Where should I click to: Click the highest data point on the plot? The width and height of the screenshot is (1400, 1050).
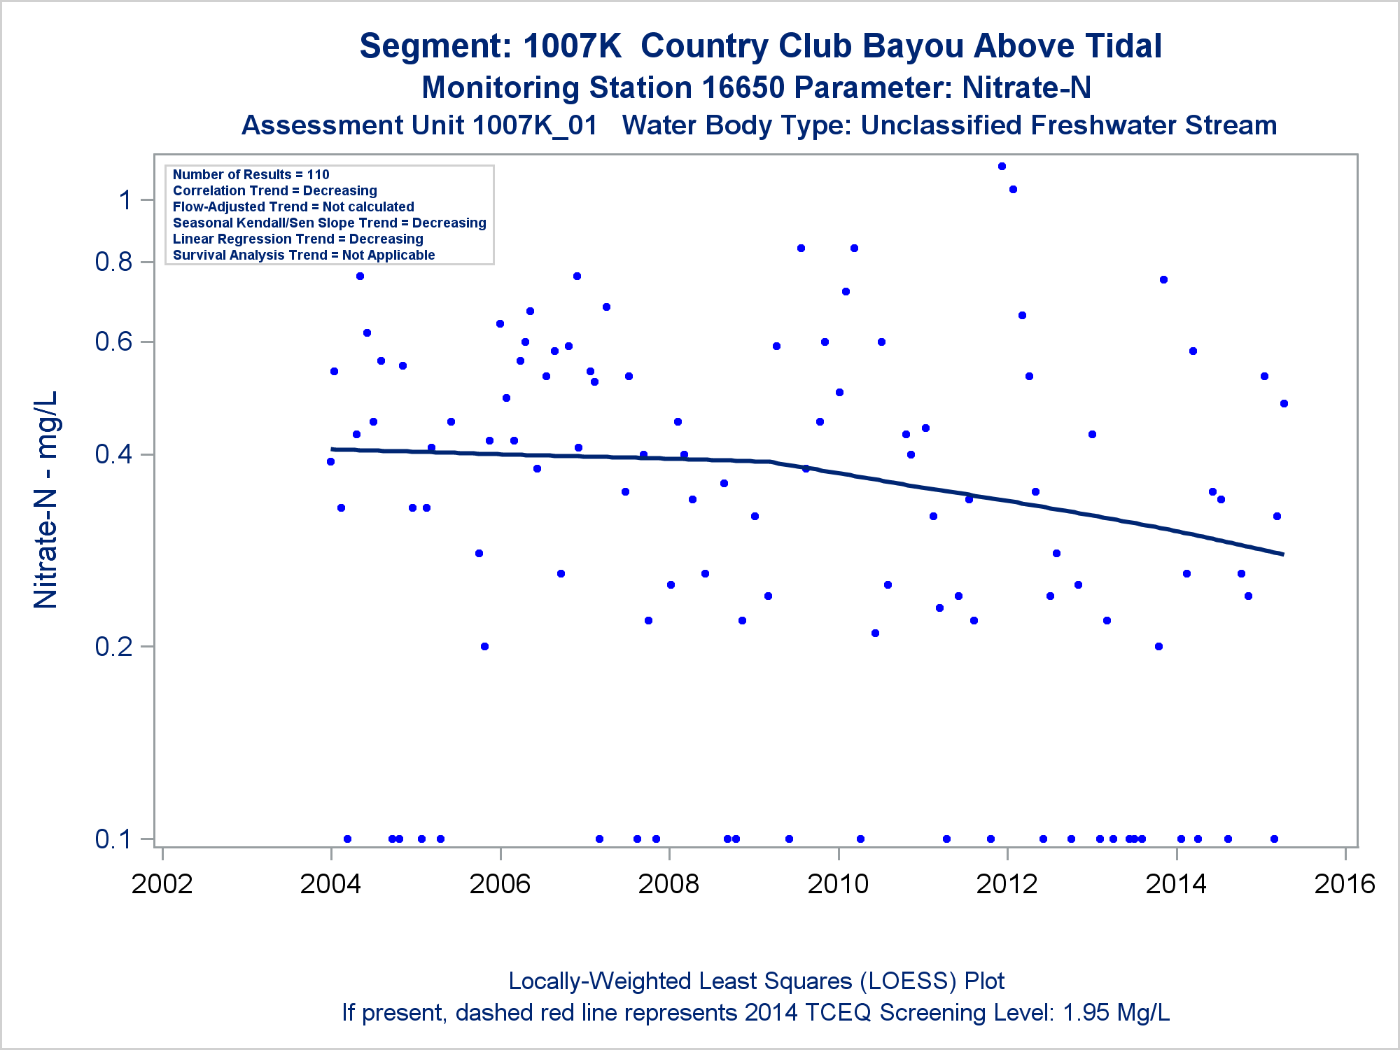tap(1002, 167)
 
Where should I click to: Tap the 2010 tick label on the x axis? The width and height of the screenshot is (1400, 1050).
tap(838, 884)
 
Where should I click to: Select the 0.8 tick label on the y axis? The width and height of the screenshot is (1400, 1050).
tap(114, 262)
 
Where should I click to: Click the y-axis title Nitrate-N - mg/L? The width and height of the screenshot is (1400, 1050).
tap(46, 500)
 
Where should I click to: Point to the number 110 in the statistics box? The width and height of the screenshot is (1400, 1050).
tap(318, 174)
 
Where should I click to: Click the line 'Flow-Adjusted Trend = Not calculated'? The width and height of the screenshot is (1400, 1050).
tap(293, 206)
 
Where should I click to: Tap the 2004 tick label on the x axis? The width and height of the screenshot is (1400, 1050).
tap(330, 884)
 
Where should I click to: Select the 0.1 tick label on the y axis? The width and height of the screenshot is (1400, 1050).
tap(114, 839)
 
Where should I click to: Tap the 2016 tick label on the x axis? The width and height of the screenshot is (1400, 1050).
tap(1345, 884)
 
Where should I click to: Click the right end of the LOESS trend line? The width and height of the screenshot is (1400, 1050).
tap(1282, 554)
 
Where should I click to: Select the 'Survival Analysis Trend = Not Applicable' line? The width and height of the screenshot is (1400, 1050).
tap(304, 255)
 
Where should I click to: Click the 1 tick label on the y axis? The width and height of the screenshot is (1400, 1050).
tap(125, 200)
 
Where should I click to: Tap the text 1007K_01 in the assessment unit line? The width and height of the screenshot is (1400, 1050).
tap(535, 126)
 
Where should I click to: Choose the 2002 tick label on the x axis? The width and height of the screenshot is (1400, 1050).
tap(162, 884)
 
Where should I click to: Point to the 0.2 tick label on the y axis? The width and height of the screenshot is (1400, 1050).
tap(114, 646)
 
